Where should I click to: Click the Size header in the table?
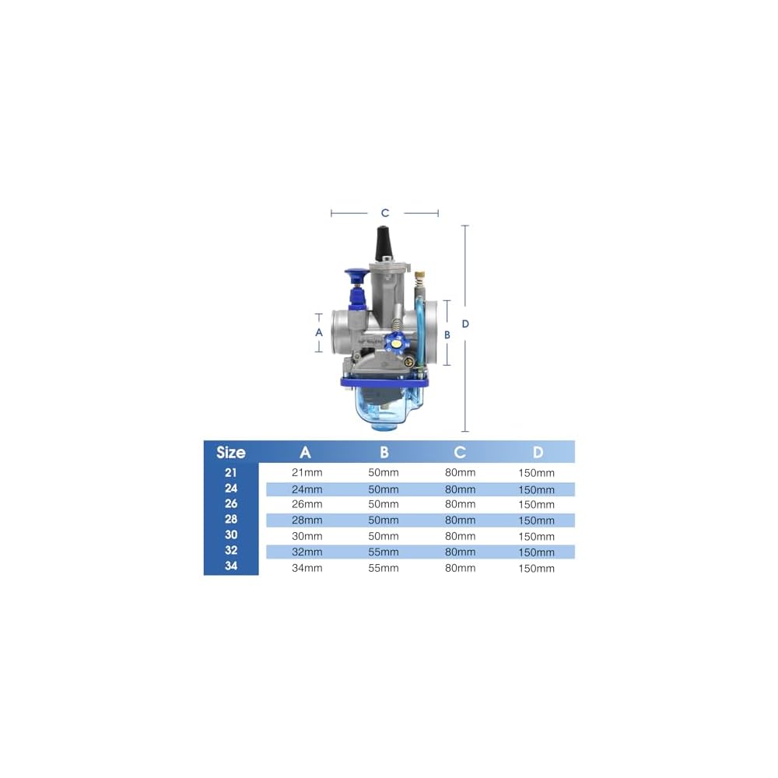click(x=231, y=452)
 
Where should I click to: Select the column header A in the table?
click(x=305, y=452)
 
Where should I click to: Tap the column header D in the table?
click(x=538, y=452)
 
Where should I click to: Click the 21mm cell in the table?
click(x=307, y=472)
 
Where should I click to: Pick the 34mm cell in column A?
click(x=307, y=568)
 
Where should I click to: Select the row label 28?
click(x=231, y=519)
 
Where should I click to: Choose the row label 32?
click(x=231, y=550)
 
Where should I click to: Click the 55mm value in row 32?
click(x=383, y=552)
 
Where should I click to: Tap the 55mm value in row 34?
click(x=383, y=568)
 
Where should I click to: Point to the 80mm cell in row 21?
click(x=460, y=472)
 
